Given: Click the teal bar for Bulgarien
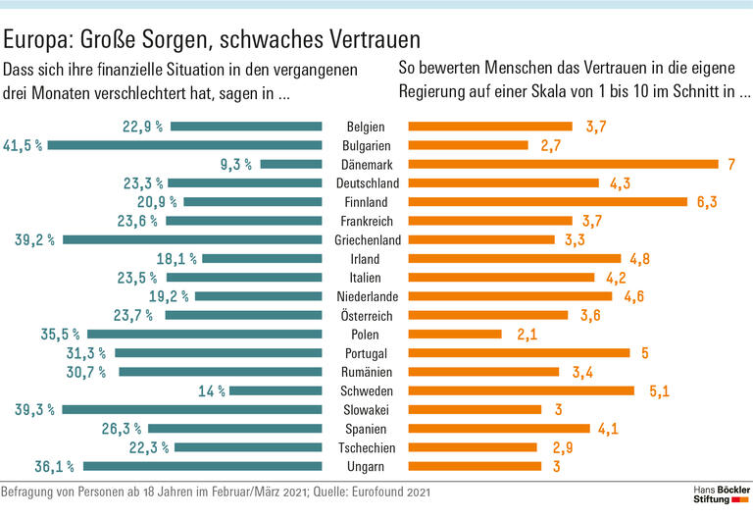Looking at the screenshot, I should click(185, 145).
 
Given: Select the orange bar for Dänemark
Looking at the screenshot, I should click(563, 164).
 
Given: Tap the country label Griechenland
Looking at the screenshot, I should click(366, 239).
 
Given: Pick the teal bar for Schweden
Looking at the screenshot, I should click(276, 390).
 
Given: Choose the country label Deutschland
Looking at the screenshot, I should click(366, 183).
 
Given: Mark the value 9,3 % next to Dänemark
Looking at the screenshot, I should click(236, 164).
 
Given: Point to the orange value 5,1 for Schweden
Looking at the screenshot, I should click(659, 390).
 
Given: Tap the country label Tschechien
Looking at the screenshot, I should click(366, 447).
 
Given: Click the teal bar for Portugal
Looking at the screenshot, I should click(219, 353).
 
